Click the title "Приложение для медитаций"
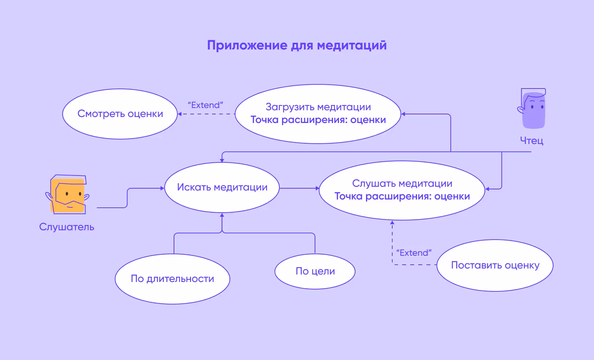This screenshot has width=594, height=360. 297,45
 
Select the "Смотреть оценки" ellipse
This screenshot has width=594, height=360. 120,114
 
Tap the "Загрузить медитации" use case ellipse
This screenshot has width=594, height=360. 318,114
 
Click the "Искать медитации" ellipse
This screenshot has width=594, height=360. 222,187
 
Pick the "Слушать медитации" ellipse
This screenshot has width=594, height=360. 402,190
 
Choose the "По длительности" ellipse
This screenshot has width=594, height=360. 172,279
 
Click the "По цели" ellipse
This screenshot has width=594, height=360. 315,271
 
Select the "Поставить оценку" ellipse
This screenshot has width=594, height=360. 495,265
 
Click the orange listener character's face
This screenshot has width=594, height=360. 68,195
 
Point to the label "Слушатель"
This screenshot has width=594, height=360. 67,227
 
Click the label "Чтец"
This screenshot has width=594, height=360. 531,141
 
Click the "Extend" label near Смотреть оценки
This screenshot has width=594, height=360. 205,105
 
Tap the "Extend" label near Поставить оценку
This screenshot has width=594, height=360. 414,253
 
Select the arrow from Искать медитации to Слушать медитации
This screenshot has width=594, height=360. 299,188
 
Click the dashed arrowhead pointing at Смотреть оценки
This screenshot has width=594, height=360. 180,114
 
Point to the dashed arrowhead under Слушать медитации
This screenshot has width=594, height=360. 392,223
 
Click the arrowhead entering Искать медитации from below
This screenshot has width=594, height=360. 222,215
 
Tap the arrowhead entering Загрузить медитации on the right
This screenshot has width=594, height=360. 403,114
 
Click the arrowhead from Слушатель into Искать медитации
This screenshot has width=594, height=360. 162,188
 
